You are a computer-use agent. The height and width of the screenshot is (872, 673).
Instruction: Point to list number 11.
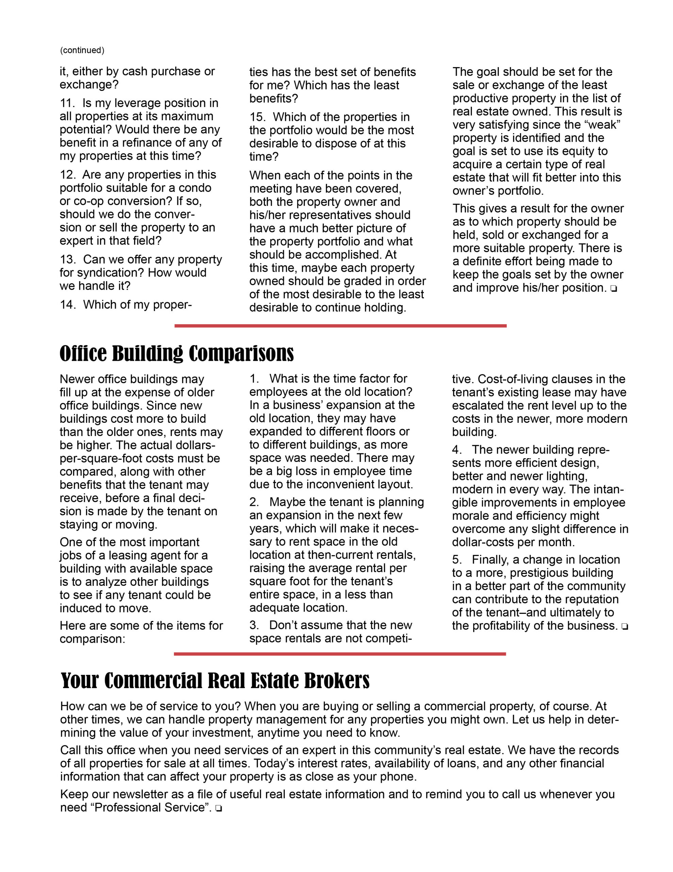[x=67, y=103]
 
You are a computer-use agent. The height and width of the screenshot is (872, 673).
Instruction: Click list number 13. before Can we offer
[x=67, y=260]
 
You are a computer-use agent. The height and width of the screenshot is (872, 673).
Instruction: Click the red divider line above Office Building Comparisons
[x=340, y=326]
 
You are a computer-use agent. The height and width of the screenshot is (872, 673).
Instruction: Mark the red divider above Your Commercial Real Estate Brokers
[x=340, y=654]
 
